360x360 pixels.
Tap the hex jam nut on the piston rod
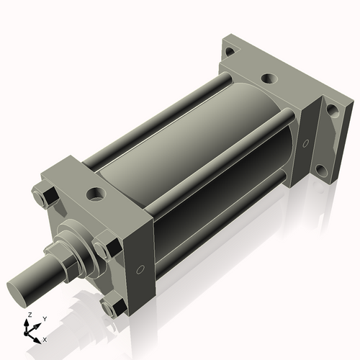[58, 253]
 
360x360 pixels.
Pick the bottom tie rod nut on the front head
[114, 308]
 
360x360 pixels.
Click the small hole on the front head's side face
[140, 270]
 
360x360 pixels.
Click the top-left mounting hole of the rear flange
[229, 51]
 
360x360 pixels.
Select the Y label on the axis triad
[44, 318]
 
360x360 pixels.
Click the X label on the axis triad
[45, 338]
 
